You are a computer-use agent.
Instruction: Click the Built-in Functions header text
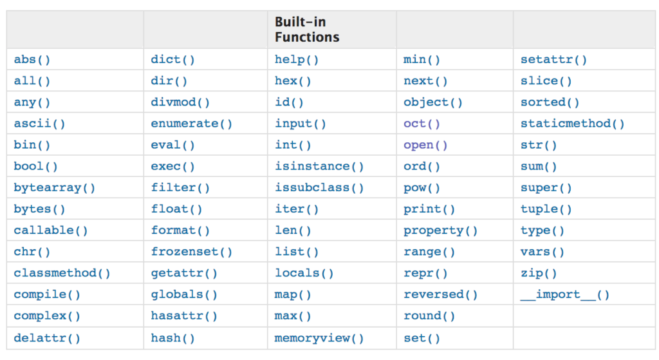pyautogui.click(x=307, y=30)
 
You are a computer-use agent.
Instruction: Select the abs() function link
pyautogui.click(x=32, y=60)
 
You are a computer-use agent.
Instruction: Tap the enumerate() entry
pyautogui.click(x=191, y=124)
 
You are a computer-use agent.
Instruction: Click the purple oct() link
pyautogui.click(x=422, y=124)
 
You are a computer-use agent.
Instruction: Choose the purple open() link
pyautogui.click(x=425, y=145)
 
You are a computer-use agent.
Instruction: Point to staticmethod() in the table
pyautogui.click(x=572, y=124)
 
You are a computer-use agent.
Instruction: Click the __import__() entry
pyautogui.click(x=565, y=295)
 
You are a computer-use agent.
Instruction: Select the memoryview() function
pyautogui.click(x=319, y=338)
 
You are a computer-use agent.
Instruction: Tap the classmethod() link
pyautogui.click(x=62, y=273)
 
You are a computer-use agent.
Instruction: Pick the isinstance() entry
pyautogui.click(x=319, y=167)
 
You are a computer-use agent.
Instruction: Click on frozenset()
pyautogui.click(x=191, y=252)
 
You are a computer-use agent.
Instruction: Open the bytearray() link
pyautogui.click(x=54, y=188)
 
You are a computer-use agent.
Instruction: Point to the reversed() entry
pyautogui.click(x=440, y=294)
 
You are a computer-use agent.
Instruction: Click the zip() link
pyautogui.click(x=539, y=273)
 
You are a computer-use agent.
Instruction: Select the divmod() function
pyautogui.click(x=180, y=102)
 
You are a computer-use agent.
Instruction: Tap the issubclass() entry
pyautogui.click(x=319, y=188)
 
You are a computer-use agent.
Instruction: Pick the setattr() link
pyautogui.click(x=553, y=60)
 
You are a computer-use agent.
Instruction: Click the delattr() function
pyautogui.click(x=46, y=338)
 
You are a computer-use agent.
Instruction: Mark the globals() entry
pyautogui.click(x=183, y=294)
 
